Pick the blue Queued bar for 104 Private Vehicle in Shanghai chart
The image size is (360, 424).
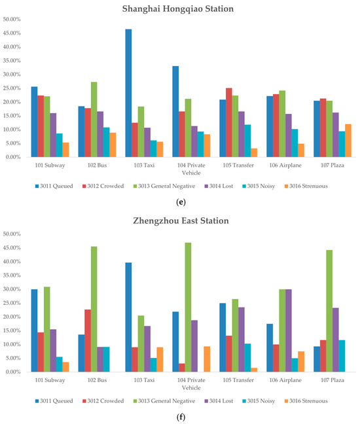coord(175,111)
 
